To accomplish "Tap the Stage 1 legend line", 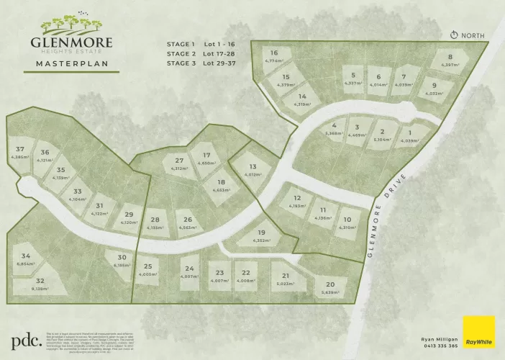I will click(201, 44).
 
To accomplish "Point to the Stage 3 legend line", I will click(201, 63).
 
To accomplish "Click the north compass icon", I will click(454, 35).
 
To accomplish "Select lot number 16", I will click(274, 53).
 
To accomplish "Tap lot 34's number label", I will click(26, 256).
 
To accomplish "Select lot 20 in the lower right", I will click(330, 284).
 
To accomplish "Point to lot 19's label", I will click(261, 233).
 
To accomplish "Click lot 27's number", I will click(180, 161).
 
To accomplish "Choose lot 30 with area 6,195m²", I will click(122, 258).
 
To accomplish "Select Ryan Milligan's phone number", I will click(439, 346).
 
